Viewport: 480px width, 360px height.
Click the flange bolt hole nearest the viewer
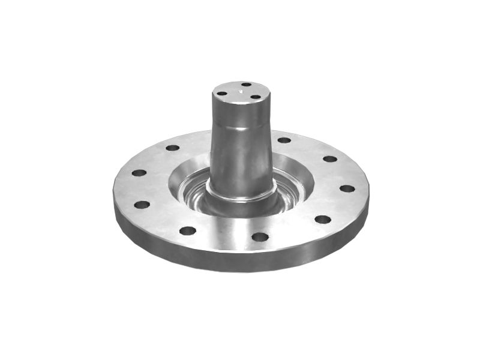click(x=260, y=237)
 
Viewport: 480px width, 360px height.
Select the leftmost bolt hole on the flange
click(x=139, y=173)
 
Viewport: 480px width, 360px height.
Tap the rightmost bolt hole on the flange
click(x=347, y=188)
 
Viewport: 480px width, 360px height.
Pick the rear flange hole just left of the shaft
click(x=172, y=148)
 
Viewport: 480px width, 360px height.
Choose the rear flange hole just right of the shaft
click(x=284, y=140)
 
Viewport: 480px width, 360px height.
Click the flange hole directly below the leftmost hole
click(x=142, y=205)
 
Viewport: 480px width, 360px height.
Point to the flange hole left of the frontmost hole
click(x=187, y=230)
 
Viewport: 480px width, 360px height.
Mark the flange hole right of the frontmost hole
click(x=323, y=219)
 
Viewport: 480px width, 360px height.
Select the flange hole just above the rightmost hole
click(x=330, y=159)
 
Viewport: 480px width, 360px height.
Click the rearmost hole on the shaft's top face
click(x=247, y=85)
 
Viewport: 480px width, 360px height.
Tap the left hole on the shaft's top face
click(x=222, y=94)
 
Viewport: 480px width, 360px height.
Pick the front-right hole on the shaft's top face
click(x=256, y=97)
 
